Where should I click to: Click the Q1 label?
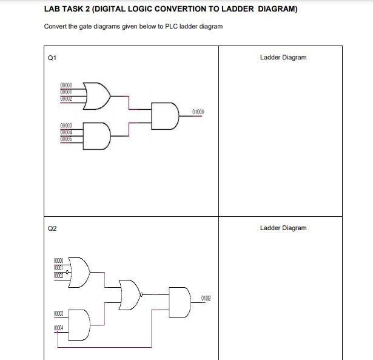(52, 58)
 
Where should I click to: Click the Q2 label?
(52, 228)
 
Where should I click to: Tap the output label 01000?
(198, 112)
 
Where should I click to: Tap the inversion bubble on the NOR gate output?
(141, 294)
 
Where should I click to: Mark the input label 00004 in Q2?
(59, 327)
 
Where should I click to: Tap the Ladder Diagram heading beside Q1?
(283, 58)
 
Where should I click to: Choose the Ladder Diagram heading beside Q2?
(283, 228)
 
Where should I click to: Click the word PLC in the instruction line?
(172, 27)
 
